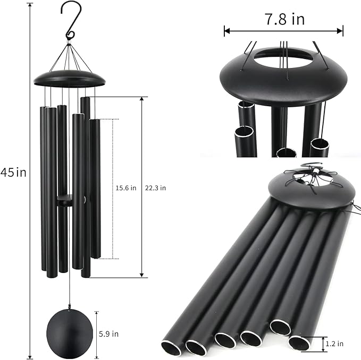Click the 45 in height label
(13, 172)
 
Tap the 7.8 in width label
(284, 19)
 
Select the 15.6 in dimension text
(125, 188)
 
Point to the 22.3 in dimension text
(155, 188)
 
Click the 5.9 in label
(108, 334)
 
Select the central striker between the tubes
(65, 200)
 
